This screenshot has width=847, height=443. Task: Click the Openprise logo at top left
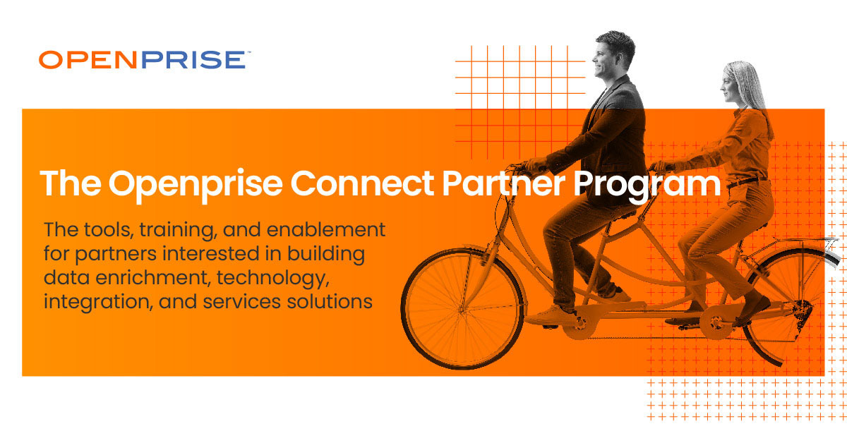[142, 60]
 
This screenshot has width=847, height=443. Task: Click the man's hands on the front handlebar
[532, 166]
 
